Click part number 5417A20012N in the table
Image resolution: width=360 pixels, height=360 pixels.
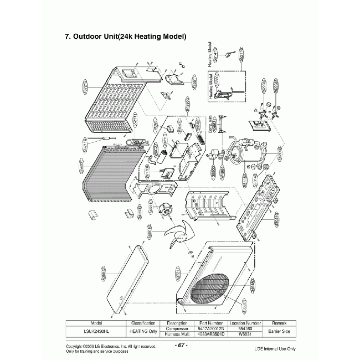click(210, 328)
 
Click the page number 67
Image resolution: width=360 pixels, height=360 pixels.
click(181, 344)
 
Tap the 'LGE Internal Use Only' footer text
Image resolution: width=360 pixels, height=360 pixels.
click(275, 348)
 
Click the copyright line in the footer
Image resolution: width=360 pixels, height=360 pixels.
click(111, 346)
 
